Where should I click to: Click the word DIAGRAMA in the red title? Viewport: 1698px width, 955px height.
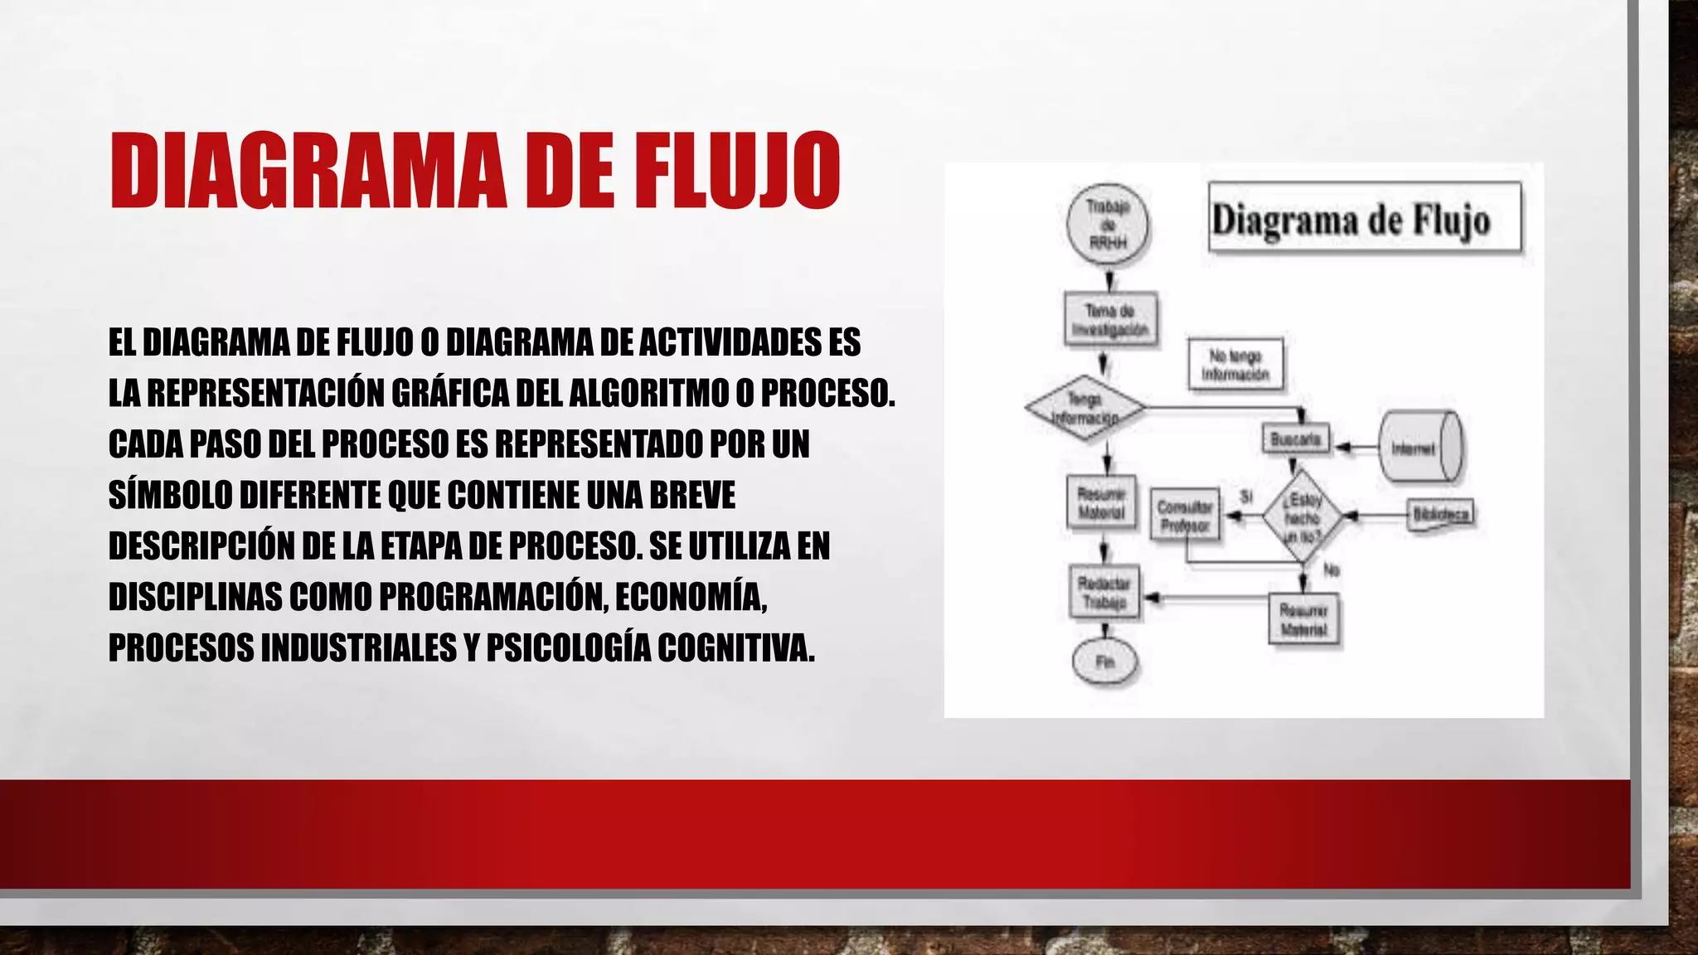click(x=308, y=170)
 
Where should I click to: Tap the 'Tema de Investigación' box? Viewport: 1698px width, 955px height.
click(x=1110, y=319)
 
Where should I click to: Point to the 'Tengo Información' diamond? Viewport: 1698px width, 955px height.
click(x=1085, y=408)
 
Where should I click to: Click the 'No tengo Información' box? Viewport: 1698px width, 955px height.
click(x=1235, y=365)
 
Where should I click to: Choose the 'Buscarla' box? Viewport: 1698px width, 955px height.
click(x=1296, y=439)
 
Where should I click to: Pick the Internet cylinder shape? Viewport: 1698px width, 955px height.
click(x=1420, y=448)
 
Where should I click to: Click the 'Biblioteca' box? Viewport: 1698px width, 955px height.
click(x=1442, y=514)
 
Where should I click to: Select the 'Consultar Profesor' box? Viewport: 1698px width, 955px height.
click(x=1186, y=515)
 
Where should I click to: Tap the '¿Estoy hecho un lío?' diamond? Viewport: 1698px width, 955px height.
click(x=1303, y=516)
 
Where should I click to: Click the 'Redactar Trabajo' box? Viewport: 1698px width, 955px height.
click(x=1104, y=593)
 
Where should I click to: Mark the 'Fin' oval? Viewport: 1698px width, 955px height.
click(x=1105, y=662)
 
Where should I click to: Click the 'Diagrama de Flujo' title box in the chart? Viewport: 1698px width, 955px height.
click(x=1365, y=217)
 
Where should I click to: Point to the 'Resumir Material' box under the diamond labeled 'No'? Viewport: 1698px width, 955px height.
click(x=1304, y=620)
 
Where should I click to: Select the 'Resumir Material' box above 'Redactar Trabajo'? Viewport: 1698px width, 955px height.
click(x=1102, y=503)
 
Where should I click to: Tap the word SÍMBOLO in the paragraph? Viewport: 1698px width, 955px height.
click(x=171, y=495)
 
